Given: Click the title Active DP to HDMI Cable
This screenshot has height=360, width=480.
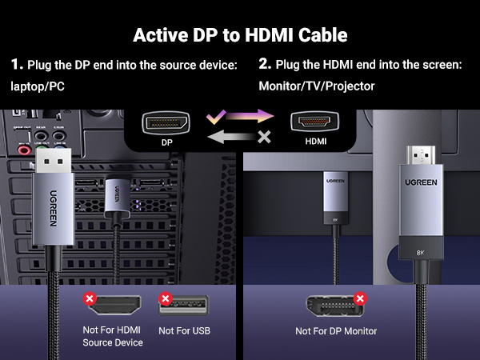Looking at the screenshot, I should [x=240, y=35].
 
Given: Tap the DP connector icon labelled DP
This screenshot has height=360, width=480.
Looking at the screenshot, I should [x=166, y=123].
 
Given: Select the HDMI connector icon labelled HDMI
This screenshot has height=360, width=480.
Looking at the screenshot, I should [x=314, y=123].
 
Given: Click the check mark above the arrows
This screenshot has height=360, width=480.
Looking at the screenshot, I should [x=212, y=117].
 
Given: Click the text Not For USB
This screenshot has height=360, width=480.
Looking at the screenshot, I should [x=186, y=330].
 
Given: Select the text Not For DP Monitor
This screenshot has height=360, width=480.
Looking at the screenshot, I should [x=336, y=331].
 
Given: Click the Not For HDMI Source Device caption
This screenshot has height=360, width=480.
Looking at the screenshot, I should [x=113, y=336].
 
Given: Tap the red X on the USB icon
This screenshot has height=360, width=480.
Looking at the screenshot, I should [x=165, y=298].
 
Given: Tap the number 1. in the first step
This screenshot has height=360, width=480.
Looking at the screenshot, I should [x=16, y=64].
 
